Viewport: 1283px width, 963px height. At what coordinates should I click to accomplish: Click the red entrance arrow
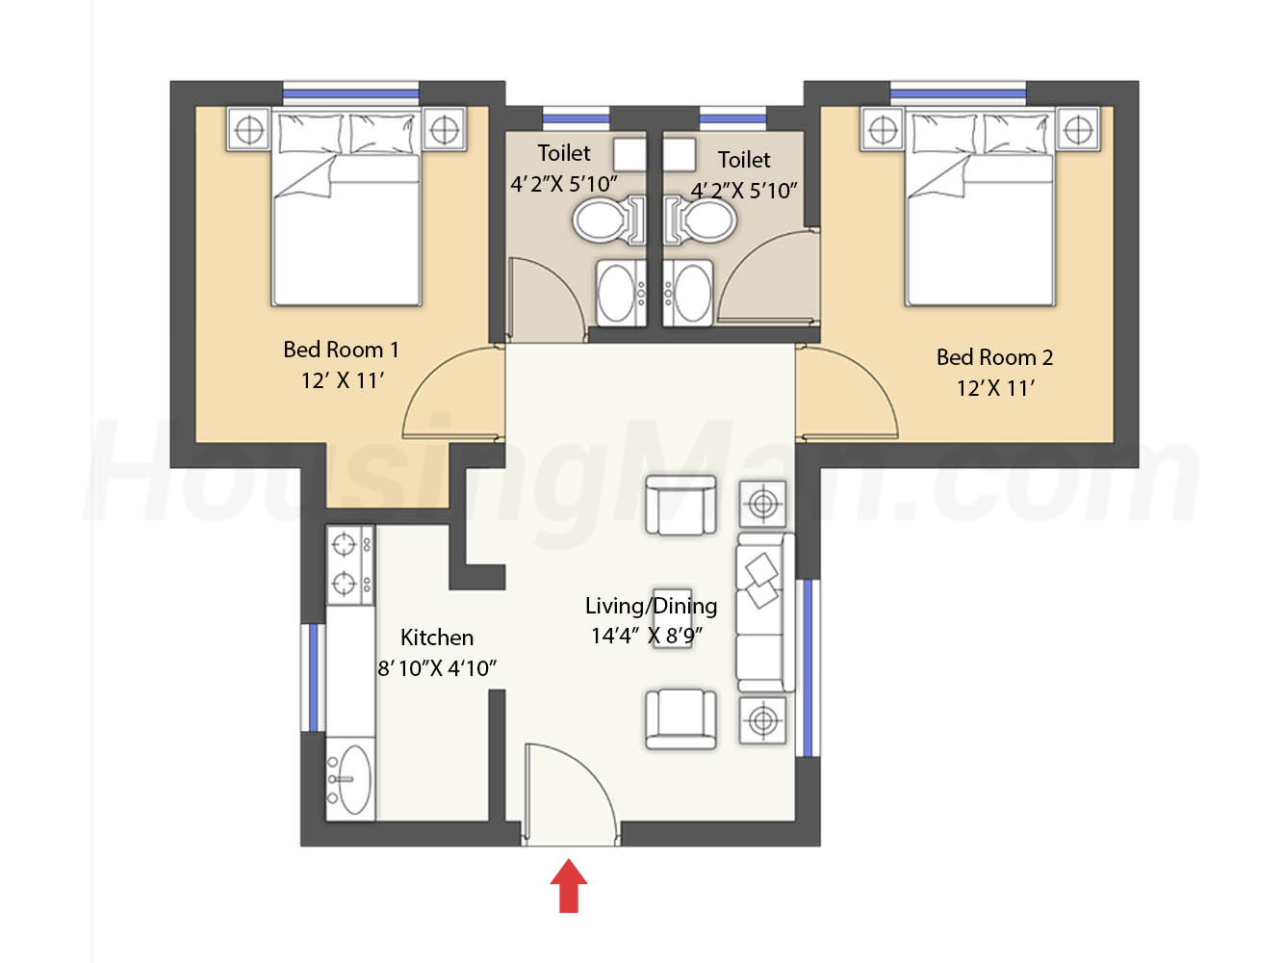[x=568, y=885]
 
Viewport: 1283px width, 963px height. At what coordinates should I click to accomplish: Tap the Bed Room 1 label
[x=342, y=350]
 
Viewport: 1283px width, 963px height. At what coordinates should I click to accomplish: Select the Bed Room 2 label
[x=995, y=357]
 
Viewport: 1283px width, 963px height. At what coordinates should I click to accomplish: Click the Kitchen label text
[x=437, y=638]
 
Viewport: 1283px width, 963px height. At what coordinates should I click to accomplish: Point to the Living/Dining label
[x=652, y=606]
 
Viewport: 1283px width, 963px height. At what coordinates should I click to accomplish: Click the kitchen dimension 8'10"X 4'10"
[x=437, y=668]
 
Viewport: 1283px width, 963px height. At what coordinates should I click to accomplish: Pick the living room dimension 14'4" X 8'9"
[x=647, y=636]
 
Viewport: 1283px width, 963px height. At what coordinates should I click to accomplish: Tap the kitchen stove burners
[x=349, y=565]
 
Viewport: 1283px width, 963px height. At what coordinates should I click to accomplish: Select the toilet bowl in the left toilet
[x=608, y=221]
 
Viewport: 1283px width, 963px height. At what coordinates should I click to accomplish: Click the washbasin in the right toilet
[x=688, y=293]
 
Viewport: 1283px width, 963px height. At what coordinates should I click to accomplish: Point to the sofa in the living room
[x=765, y=612]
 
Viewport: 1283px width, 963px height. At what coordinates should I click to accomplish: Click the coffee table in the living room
[x=672, y=618]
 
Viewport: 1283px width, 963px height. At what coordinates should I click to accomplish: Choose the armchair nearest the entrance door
[x=680, y=719]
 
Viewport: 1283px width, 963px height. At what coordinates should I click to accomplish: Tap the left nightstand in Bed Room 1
[x=249, y=129]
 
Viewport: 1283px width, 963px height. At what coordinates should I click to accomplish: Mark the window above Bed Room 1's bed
[x=350, y=93]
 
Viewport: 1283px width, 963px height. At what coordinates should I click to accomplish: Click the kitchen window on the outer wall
[x=313, y=678]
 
